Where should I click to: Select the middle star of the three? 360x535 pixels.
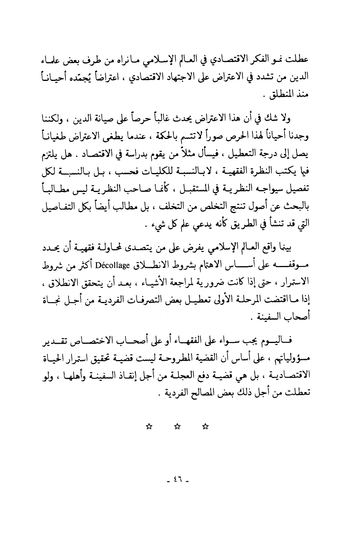tap(177, 427)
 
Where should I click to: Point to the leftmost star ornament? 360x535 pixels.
tap(148, 427)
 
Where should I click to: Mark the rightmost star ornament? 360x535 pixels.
tap(206, 427)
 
